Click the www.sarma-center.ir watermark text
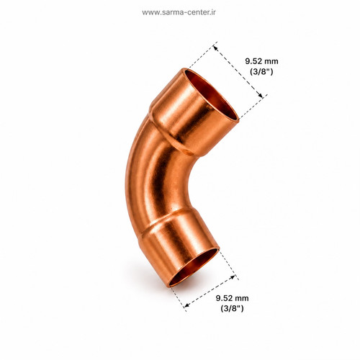pos(179,12)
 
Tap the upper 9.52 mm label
pos(261,61)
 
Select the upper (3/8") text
pos(261,71)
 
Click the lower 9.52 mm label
pos(232,298)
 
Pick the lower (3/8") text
pos(232,308)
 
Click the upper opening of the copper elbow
pos(212,95)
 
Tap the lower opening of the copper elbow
pos(194,267)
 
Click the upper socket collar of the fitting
pos(192,113)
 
